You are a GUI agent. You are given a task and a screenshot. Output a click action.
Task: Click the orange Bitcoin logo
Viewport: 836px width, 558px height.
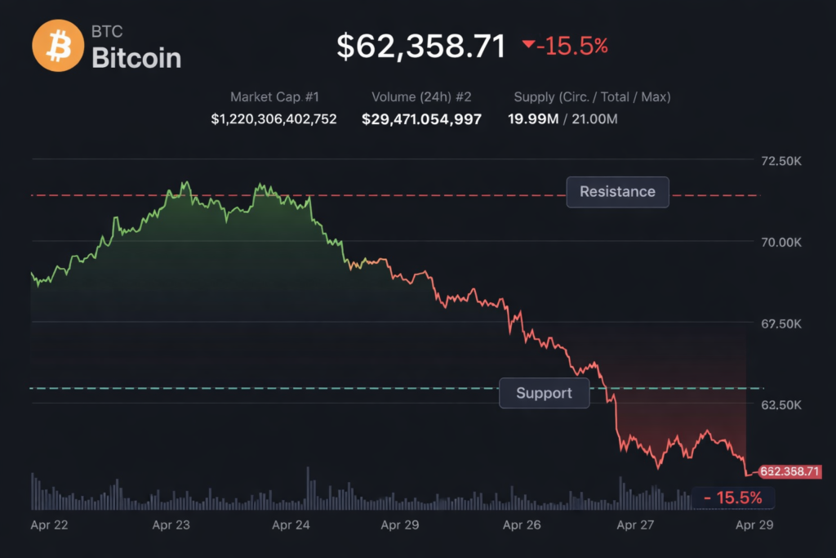[58, 46]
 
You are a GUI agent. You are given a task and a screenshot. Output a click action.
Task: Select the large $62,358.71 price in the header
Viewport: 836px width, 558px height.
[421, 47]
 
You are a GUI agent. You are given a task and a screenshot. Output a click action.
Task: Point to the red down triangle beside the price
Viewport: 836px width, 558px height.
[528, 45]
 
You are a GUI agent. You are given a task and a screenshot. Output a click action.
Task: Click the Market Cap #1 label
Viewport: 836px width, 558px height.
[273, 97]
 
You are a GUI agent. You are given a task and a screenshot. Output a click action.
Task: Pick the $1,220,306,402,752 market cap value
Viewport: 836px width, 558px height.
[273, 119]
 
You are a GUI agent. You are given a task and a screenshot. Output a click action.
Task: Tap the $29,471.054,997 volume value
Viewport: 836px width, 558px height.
[421, 119]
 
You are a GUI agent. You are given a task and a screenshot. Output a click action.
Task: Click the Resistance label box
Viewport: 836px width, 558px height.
[617, 192]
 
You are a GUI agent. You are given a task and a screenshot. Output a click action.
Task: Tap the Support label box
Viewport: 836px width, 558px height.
[544, 393]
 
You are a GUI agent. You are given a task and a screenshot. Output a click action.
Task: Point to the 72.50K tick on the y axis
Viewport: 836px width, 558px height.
[780, 161]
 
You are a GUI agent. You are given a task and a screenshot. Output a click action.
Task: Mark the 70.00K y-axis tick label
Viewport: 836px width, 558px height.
[780, 242]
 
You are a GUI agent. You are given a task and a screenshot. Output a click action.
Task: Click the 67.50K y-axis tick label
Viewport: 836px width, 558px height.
[780, 324]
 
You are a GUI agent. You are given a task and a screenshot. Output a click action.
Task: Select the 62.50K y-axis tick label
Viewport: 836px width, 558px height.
[780, 404]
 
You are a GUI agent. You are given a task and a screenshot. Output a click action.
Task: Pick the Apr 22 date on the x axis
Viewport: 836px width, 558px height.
[50, 525]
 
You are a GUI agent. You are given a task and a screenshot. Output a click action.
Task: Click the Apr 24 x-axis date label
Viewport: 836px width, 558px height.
[291, 525]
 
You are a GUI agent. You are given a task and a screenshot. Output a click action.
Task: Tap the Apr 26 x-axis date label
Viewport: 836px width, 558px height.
[522, 525]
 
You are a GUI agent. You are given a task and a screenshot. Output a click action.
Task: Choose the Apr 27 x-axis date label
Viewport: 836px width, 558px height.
[636, 525]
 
